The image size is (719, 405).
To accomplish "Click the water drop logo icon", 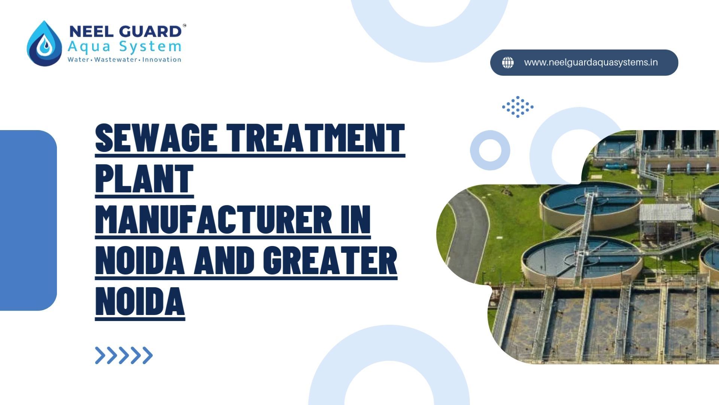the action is [44, 43].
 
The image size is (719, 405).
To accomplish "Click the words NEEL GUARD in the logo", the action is [125, 31].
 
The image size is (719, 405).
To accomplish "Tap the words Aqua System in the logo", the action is [124, 47].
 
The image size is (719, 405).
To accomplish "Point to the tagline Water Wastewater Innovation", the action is [124, 60].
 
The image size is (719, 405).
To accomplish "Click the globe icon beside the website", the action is [508, 63].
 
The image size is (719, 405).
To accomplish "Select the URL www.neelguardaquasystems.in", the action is [591, 62].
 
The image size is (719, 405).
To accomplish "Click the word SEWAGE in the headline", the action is [157, 138].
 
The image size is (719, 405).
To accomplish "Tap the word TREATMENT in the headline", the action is [317, 138].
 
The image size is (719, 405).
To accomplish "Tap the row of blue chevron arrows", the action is [124, 355].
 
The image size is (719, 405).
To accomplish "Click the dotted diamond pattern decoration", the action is [518, 107].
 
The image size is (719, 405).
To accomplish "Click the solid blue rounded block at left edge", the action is [28, 220].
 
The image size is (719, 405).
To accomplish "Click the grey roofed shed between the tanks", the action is [665, 213].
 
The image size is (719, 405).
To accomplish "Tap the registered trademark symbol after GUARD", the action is [184, 26].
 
